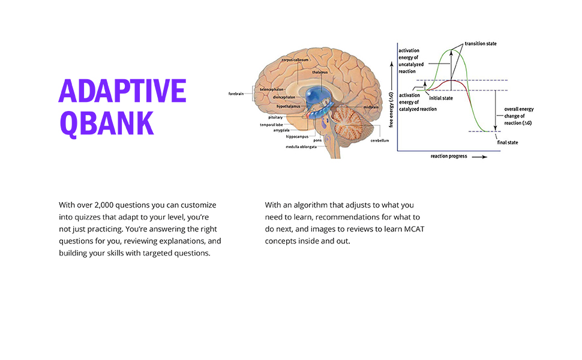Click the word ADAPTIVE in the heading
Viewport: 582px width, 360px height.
(x=122, y=91)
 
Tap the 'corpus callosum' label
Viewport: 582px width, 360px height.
(x=295, y=60)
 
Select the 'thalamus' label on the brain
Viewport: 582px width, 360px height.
(x=320, y=72)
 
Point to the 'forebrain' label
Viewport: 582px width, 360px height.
(x=236, y=94)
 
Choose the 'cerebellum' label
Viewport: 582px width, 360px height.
(x=379, y=140)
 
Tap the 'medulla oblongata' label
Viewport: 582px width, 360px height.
(x=301, y=146)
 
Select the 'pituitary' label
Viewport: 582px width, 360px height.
(x=275, y=117)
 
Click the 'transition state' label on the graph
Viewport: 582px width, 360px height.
(x=481, y=44)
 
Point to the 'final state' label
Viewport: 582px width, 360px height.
(x=508, y=142)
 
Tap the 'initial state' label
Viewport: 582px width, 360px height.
(x=441, y=97)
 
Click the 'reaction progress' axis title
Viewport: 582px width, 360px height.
(x=449, y=156)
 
